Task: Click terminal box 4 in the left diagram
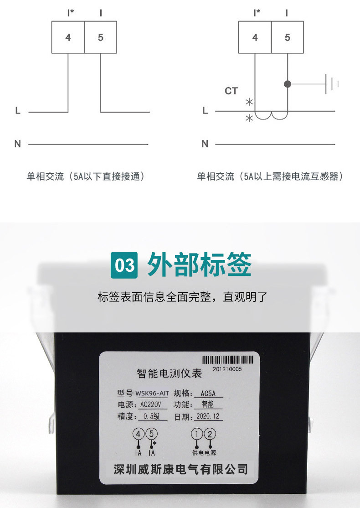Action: (68, 37)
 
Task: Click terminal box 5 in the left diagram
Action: (100, 37)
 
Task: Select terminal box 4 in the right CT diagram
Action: (255, 37)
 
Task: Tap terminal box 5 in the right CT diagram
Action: (288, 37)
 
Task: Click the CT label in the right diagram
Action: (231, 91)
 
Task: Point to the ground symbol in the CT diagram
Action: (331, 84)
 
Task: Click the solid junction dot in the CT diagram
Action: (288, 84)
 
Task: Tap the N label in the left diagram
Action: (18, 144)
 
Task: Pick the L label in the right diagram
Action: (205, 111)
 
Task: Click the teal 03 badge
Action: (124, 265)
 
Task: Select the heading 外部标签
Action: (200, 264)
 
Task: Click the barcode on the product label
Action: (227, 360)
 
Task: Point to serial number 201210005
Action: (227, 369)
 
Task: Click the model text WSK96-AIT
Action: (152, 393)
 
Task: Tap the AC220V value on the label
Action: (150, 404)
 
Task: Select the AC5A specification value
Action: (208, 393)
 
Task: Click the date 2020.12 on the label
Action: (208, 416)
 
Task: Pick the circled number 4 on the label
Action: (139, 434)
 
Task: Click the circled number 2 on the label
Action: (210, 434)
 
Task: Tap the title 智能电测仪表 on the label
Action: (170, 373)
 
